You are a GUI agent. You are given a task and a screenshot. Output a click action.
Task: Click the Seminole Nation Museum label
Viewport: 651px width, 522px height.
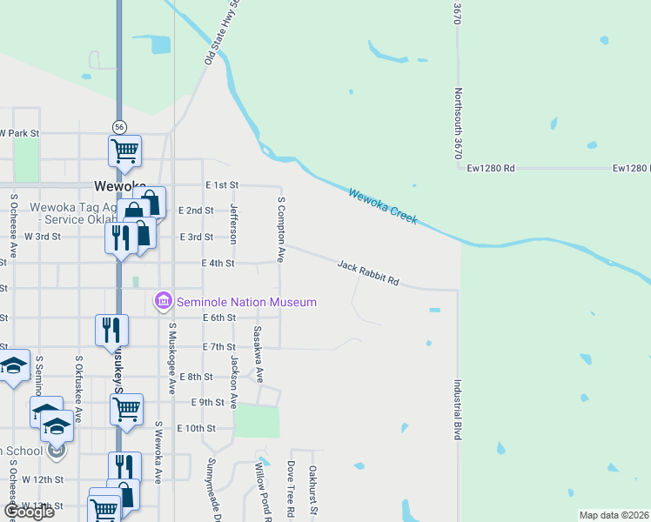tap(246, 302)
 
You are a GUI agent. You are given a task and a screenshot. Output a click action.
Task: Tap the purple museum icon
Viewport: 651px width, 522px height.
tap(163, 302)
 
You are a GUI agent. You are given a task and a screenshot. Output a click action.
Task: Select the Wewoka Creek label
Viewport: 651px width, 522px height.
tap(383, 205)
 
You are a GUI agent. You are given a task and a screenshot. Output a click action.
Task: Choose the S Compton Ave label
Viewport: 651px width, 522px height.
tap(281, 229)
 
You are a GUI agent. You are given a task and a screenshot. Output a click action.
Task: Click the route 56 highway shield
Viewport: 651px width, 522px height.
tap(119, 126)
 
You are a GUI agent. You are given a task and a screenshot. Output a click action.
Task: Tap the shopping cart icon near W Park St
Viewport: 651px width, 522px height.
tap(124, 150)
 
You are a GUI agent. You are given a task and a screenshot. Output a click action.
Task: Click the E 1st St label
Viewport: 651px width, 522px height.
tap(221, 185)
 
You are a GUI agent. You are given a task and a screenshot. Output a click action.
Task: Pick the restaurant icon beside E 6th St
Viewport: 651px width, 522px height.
tap(111, 329)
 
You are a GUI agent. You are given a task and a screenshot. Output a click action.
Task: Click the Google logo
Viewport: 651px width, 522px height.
tap(29, 512)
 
